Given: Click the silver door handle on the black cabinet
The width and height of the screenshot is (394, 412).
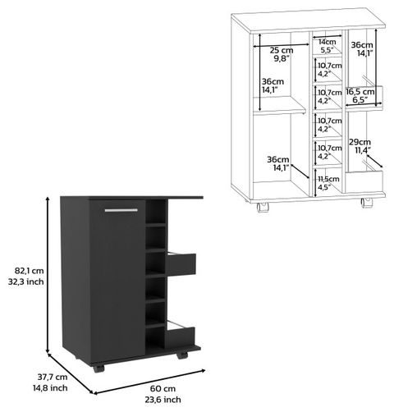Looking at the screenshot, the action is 121,210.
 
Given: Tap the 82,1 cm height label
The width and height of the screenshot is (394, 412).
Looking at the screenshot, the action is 29,271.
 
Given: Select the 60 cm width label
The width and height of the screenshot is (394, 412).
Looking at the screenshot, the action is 163,388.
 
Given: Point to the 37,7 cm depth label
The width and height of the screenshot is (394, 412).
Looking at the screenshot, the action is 53,377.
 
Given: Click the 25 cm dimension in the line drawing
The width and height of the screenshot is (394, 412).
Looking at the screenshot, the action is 282,50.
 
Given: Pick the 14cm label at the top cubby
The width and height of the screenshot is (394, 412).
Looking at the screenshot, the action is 327,42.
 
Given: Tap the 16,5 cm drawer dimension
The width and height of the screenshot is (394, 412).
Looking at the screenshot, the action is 360,91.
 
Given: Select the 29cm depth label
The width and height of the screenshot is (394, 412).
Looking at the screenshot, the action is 360,142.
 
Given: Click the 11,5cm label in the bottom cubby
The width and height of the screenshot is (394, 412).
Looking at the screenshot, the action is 328,179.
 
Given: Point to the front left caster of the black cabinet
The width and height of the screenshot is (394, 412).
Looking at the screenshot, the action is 98,369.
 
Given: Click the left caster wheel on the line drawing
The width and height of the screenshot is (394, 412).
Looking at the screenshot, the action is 263,207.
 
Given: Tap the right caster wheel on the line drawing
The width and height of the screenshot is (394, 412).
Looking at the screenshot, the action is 367,203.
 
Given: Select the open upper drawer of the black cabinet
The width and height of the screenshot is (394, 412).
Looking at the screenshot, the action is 181,263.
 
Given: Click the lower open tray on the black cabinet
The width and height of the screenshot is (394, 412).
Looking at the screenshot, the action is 180,335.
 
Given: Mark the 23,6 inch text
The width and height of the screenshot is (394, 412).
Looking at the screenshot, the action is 163,400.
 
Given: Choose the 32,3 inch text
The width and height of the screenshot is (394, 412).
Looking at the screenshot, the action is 26,282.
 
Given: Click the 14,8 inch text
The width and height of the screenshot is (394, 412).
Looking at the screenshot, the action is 50,387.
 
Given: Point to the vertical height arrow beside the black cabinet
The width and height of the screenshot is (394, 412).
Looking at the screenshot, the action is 48,275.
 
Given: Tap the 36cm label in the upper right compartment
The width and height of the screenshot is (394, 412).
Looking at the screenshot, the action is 362,44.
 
